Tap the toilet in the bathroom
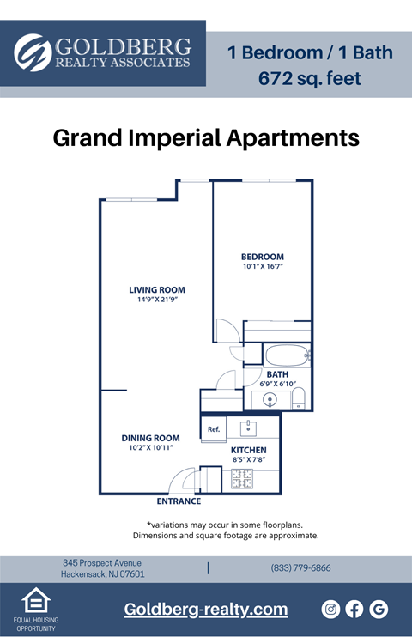point(299,397)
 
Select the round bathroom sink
point(271,399)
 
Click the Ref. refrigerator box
point(214,429)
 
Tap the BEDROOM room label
point(262,257)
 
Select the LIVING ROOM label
point(157,289)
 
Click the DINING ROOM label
point(150,438)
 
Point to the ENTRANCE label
point(179,501)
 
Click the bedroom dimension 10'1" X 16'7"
point(262,267)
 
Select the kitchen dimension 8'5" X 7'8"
point(248,460)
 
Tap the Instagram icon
point(330,609)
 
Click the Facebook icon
point(354,609)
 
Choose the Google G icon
point(379,609)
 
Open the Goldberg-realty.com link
point(206,609)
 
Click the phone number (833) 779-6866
point(300,568)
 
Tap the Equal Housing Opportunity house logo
point(34,600)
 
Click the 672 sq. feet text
point(310,79)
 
